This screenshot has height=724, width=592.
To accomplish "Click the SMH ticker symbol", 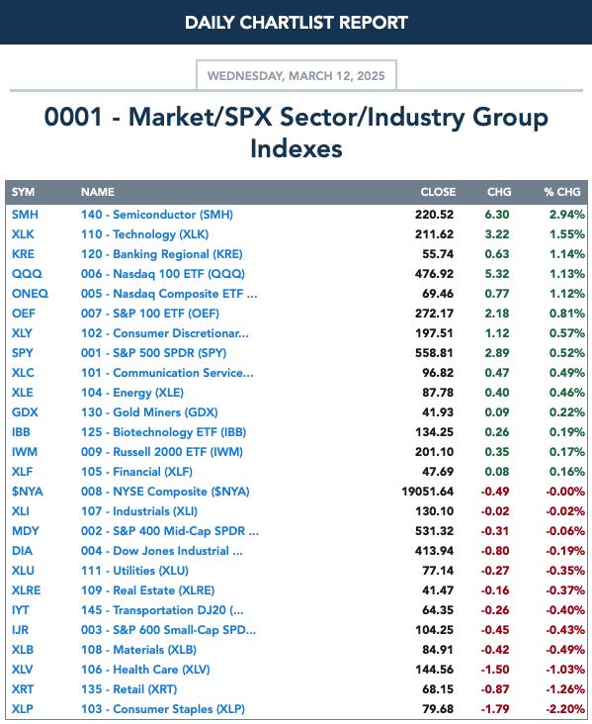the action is (25, 215).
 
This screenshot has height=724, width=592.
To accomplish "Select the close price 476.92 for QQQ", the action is (434, 274).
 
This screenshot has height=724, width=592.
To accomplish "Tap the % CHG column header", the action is (562, 192).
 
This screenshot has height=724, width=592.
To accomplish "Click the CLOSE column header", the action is (438, 192).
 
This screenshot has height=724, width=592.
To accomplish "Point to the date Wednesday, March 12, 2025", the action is (296, 76).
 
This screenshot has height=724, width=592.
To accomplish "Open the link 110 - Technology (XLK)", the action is (145, 234).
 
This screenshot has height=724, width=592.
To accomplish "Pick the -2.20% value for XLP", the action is (565, 709).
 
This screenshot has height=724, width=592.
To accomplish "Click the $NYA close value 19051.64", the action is (427, 492).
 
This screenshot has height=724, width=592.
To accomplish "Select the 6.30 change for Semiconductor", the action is (497, 215).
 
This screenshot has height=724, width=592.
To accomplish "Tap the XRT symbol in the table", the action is (23, 689).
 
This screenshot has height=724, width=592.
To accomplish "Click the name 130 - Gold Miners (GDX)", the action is (149, 412).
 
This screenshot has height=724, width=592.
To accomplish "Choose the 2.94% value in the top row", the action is (567, 215).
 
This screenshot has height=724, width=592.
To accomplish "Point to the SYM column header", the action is (23, 192).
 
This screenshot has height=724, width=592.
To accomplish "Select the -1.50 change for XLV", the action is (495, 670).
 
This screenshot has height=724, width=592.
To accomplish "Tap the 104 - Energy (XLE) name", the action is (132, 393).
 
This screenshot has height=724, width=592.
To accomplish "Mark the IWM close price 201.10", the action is (434, 452).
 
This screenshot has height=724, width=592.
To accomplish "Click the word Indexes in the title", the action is (296, 148).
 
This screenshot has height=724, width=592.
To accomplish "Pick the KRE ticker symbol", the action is (23, 254).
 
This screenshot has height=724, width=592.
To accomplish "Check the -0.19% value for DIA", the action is (565, 551).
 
